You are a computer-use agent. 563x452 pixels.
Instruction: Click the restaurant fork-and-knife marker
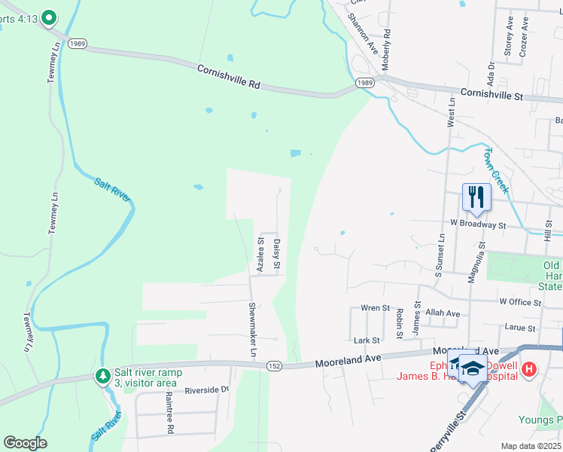pos(476,197)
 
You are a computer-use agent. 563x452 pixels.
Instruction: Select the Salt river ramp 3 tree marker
pos(102,375)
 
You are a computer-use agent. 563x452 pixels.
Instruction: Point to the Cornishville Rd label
pos(228,77)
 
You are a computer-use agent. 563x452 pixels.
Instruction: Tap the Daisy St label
pos(277,255)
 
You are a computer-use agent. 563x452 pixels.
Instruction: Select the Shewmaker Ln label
pos(253,330)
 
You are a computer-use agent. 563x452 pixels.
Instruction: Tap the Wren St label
pos(375,308)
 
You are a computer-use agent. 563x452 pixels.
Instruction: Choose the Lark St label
pos(367,341)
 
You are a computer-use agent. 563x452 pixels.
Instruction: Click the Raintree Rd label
pos(171,419)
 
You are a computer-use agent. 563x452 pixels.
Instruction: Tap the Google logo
pos(25,443)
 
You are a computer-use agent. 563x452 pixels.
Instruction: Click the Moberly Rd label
pos(387,50)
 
